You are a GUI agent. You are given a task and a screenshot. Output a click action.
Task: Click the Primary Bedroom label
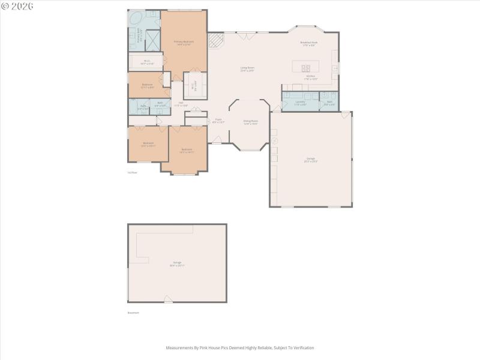click(184, 42)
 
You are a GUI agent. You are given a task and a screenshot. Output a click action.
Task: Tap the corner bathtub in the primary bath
click(135, 18)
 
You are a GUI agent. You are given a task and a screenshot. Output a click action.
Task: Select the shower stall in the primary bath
click(152, 41)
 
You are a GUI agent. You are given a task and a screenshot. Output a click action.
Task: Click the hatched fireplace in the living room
click(215, 40)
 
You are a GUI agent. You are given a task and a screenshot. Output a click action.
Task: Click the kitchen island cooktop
click(306, 68)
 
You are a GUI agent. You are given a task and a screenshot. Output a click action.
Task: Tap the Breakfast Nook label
click(309, 43)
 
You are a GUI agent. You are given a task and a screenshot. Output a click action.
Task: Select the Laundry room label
click(300, 102)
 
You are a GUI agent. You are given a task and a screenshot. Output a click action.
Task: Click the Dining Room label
click(251, 121)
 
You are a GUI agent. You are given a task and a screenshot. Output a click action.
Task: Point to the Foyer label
click(218, 120)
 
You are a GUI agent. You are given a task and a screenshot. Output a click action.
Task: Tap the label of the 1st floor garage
click(311, 160)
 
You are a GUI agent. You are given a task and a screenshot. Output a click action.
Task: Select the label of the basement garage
click(177, 263)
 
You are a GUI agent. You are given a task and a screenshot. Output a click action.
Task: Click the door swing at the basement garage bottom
click(168, 299)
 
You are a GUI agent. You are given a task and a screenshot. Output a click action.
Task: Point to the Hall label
click(181, 103)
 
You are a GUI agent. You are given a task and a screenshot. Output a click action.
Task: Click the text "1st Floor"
click(133, 172)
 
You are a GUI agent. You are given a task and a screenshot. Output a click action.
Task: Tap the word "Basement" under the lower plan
click(133, 313)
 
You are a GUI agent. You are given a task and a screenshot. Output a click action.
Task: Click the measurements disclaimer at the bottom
click(240, 347)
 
